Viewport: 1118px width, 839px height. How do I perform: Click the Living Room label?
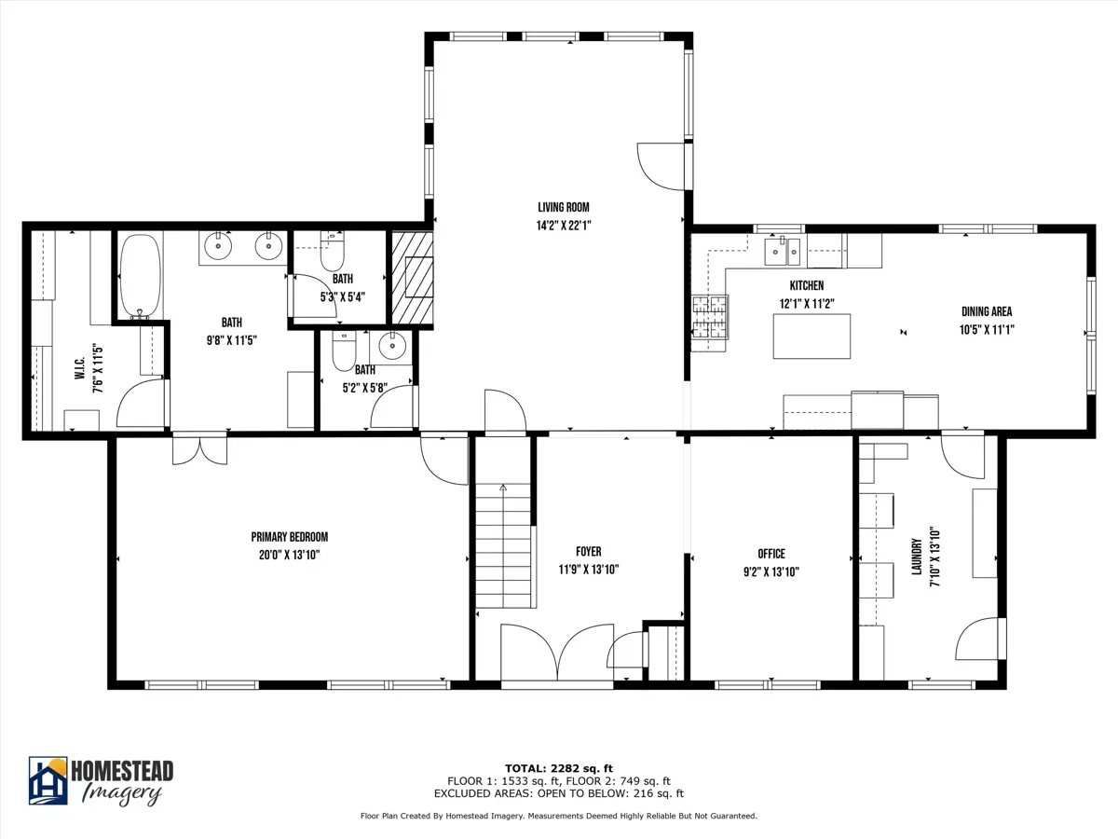pos(564,207)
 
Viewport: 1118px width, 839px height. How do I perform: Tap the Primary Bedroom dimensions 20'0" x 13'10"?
pos(290,555)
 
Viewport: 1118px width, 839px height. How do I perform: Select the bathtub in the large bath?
pos(140,276)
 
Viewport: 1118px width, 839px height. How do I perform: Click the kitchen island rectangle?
pos(811,337)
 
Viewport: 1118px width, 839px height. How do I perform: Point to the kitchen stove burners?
pos(710,317)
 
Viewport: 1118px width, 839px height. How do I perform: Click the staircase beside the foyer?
pos(504,545)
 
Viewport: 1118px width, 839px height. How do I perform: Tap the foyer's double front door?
pos(557,653)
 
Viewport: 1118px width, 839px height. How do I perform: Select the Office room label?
pos(771,554)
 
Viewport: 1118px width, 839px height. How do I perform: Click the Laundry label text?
pos(917,557)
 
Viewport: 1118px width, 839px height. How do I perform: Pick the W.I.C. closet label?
pos(80,368)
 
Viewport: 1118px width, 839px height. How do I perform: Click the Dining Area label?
pos(987,311)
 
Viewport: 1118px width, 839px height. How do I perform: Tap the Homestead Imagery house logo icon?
pos(48,780)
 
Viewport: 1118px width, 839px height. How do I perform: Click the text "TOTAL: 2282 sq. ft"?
pos(559,768)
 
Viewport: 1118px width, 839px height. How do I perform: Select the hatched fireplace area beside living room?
pos(412,278)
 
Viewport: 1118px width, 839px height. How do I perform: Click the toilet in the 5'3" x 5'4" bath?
pos(332,251)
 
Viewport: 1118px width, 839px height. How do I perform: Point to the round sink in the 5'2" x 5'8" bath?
pos(392,345)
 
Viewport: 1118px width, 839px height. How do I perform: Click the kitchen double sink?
pos(783,252)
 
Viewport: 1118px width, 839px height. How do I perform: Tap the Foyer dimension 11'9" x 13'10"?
pos(588,570)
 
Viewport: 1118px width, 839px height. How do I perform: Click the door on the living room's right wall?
pos(663,167)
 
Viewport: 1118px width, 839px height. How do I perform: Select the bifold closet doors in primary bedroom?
pos(199,449)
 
